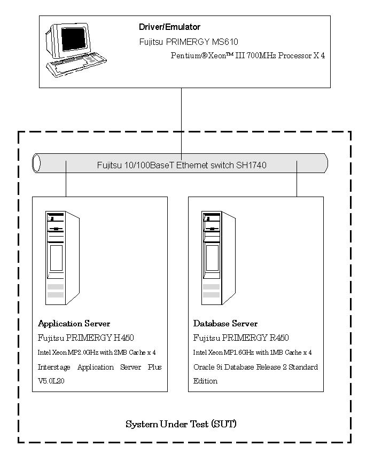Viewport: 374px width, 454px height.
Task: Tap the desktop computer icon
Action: [72, 49]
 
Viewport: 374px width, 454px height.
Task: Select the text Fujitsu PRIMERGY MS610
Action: [188, 42]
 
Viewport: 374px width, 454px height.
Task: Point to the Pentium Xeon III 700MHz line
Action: [248, 56]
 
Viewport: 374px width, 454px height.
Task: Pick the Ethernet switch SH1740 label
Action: [182, 166]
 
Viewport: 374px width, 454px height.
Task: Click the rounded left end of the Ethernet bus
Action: [37, 163]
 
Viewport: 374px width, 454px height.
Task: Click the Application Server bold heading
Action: [74, 324]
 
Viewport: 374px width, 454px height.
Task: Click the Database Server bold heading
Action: [225, 324]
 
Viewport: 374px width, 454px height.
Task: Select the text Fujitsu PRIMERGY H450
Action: [85, 338]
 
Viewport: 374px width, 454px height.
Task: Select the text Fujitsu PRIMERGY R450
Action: [241, 338]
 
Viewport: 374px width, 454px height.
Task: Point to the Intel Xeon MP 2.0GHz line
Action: [97, 353]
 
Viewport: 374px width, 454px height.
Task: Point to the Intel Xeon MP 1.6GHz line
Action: [252, 353]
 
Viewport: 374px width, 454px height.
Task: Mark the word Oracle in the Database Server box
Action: [204, 367]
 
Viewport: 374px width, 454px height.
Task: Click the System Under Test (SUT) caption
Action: [181, 425]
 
